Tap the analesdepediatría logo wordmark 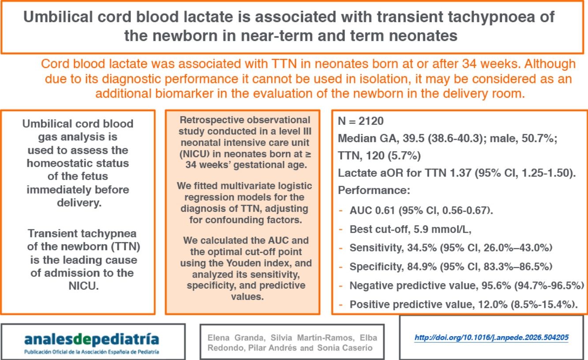click(x=92, y=339)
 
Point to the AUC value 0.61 click(x=388, y=211)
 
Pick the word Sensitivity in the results click(x=374, y=248)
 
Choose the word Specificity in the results click(x=374, y=266)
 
